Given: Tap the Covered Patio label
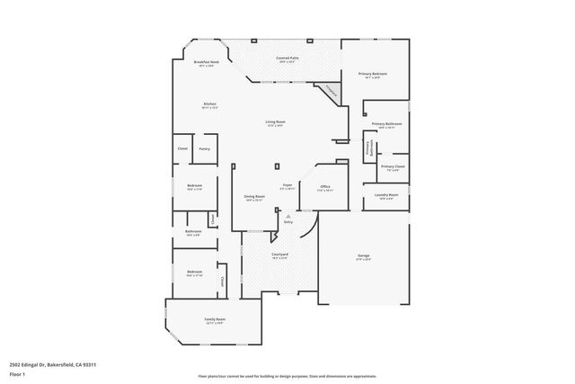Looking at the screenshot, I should (x=287, y=58).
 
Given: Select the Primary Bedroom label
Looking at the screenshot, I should (x=372, y=74).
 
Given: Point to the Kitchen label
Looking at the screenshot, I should (x=210, y=104).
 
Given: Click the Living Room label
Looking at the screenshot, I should (x=275, y=122).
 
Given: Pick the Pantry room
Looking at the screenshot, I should (x=204, y=148).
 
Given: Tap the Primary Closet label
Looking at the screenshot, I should (x=393, y=166).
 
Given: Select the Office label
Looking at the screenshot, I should (x=325, y=187).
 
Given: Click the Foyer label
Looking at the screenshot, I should (x=287, y=185).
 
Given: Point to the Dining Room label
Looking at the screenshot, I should (x=254, y=197).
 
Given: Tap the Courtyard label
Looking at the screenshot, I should (x=279, y=255).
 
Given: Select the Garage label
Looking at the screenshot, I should (x=364, y=256).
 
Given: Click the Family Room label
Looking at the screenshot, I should (x=215, y=320).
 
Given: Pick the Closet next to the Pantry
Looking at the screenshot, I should (x=181, y=148).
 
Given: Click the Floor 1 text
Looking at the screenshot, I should (x=17, y=373).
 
